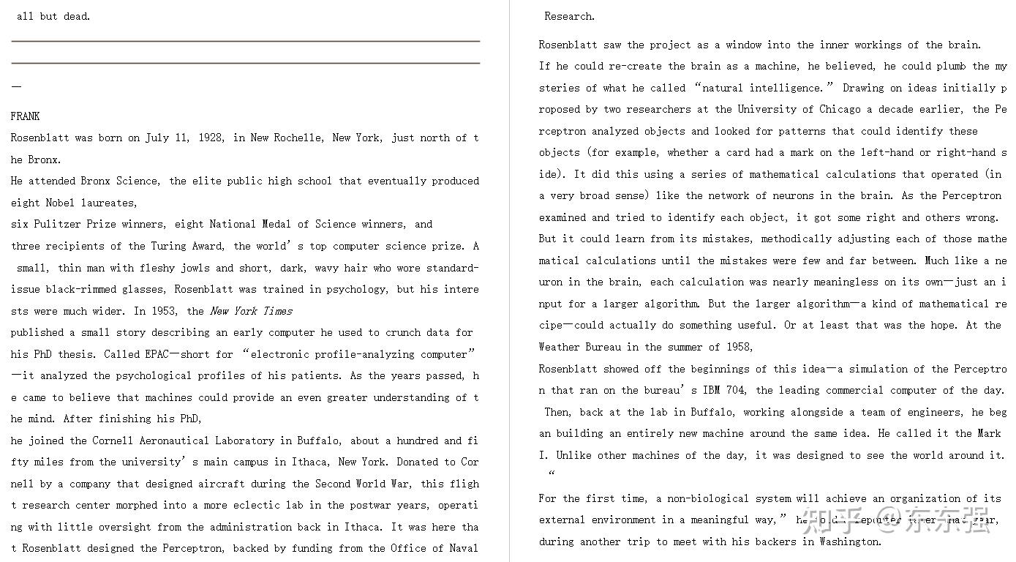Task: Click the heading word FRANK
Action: click(x=26, y=116)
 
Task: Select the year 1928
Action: click(x=212, y=138)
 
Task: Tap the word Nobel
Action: click(x=60, y=203)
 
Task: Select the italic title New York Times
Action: click(x=251, y=311)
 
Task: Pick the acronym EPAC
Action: click(x=157, y=354)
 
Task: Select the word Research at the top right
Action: click(x=569, y=16)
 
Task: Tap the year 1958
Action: click(x=739, y=347)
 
